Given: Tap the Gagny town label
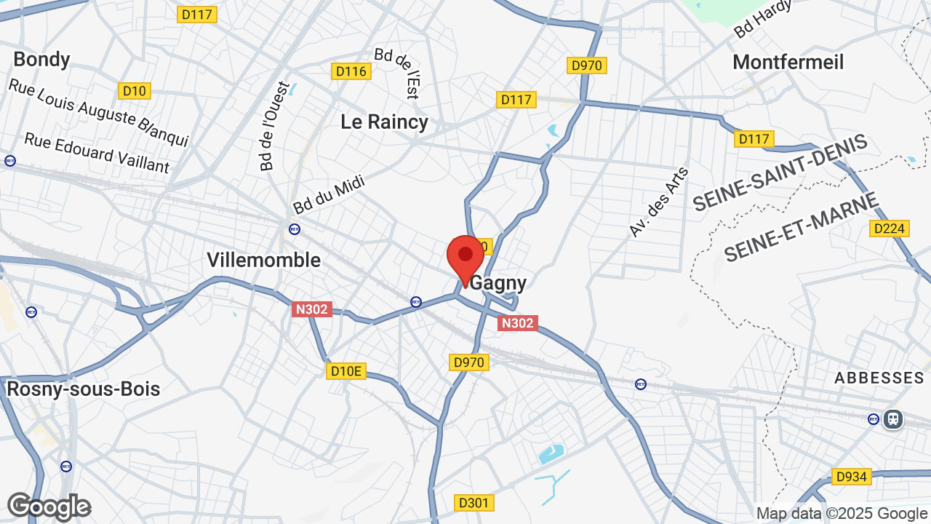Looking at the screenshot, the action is tap(498, 283).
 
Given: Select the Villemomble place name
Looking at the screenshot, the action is tap(263, 260).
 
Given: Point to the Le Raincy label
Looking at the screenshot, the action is tap(384, 122).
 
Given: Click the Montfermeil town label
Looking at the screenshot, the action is tap(788, 62).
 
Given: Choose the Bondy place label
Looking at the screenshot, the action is tap(41, 59).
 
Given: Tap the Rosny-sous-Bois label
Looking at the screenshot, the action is tap(83, 389).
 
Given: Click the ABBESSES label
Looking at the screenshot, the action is tap(879, 378).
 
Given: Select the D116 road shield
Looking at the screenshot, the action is tap(351, 71).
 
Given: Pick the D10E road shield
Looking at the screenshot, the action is tap(345, 371).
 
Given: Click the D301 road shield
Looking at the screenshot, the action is tap(474, 503).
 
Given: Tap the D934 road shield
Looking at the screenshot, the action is tap(851, 477).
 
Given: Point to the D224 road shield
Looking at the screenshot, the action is tap(889, 229).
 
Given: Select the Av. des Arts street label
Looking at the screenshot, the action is tap(659, 202).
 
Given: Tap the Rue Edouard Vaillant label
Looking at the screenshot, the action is tap(97, 153).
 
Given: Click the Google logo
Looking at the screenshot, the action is tap(49, 507).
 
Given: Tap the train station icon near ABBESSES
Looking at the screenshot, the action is tap(893, 418).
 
